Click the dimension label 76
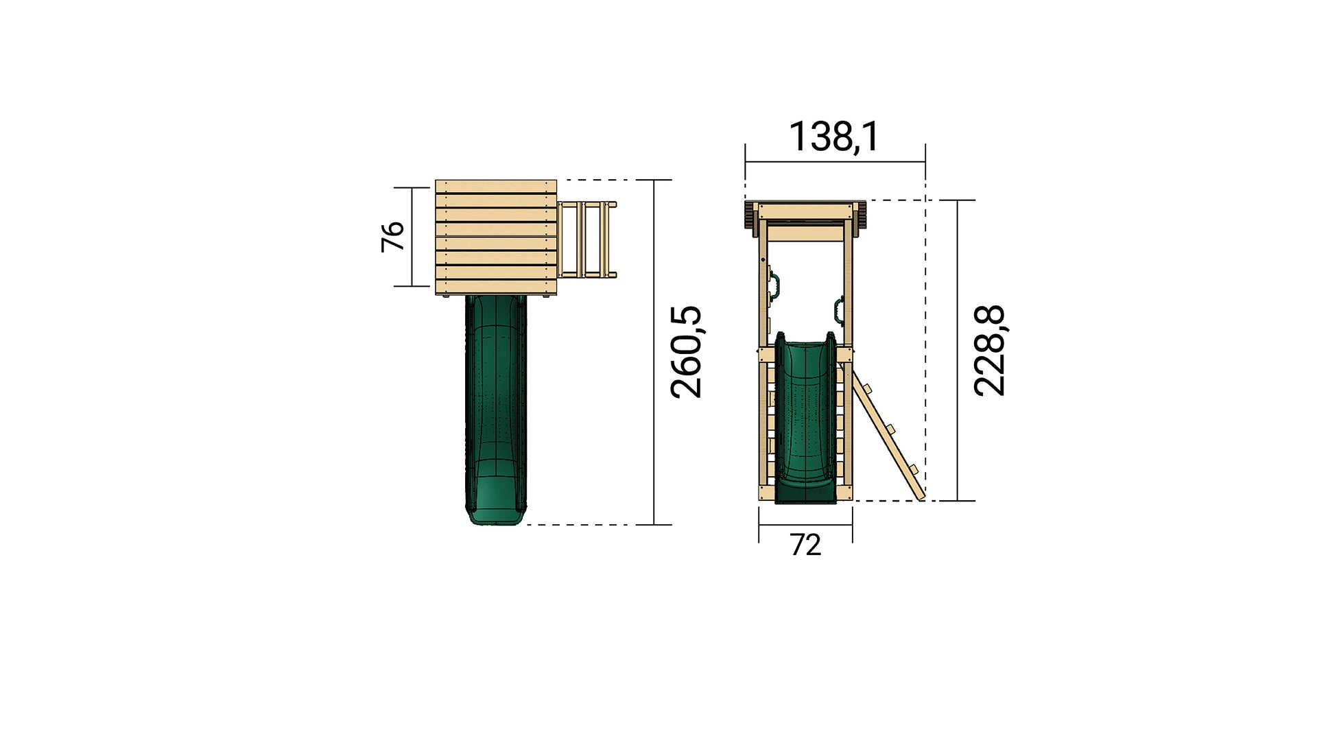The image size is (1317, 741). coord(392,237)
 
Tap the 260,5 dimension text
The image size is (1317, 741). coord(687,352)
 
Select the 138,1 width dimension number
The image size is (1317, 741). coord(833,137)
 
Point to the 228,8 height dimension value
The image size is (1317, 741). coord(989,351)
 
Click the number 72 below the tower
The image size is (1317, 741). coord(805,545)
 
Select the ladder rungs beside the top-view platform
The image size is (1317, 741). coord(586,239)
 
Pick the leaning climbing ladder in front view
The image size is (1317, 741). coord(888,432)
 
